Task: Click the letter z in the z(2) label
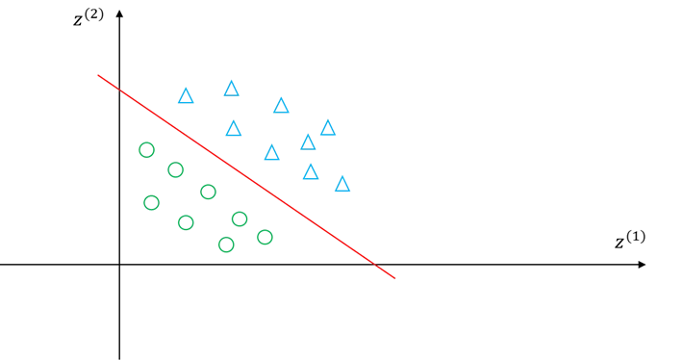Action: click(x=78, y=21)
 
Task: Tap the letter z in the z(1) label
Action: click(x=619, y=244)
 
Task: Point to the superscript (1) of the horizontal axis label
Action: click(x=636, y=237)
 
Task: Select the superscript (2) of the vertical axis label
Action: click(x=94, y=14)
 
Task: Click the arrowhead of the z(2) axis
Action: click(x=120, y=13)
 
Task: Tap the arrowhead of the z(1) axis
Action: click(x=642, y=265)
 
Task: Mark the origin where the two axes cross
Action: click(x=120, y=265)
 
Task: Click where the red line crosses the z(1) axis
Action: click(x=374, y=265)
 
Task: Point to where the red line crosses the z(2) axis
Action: click(x=120, y=90)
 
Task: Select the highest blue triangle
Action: click(x=231, y=90)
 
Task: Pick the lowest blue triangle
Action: click(x=342, y=185)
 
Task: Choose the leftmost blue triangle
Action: click(x=186, y=97)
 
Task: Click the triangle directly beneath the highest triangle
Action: click(x=234, y=129)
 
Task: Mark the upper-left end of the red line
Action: click(x=98, y=75)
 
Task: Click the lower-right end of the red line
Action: click(x=394, y=278)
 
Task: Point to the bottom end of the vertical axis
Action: click(x=120, y=359)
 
